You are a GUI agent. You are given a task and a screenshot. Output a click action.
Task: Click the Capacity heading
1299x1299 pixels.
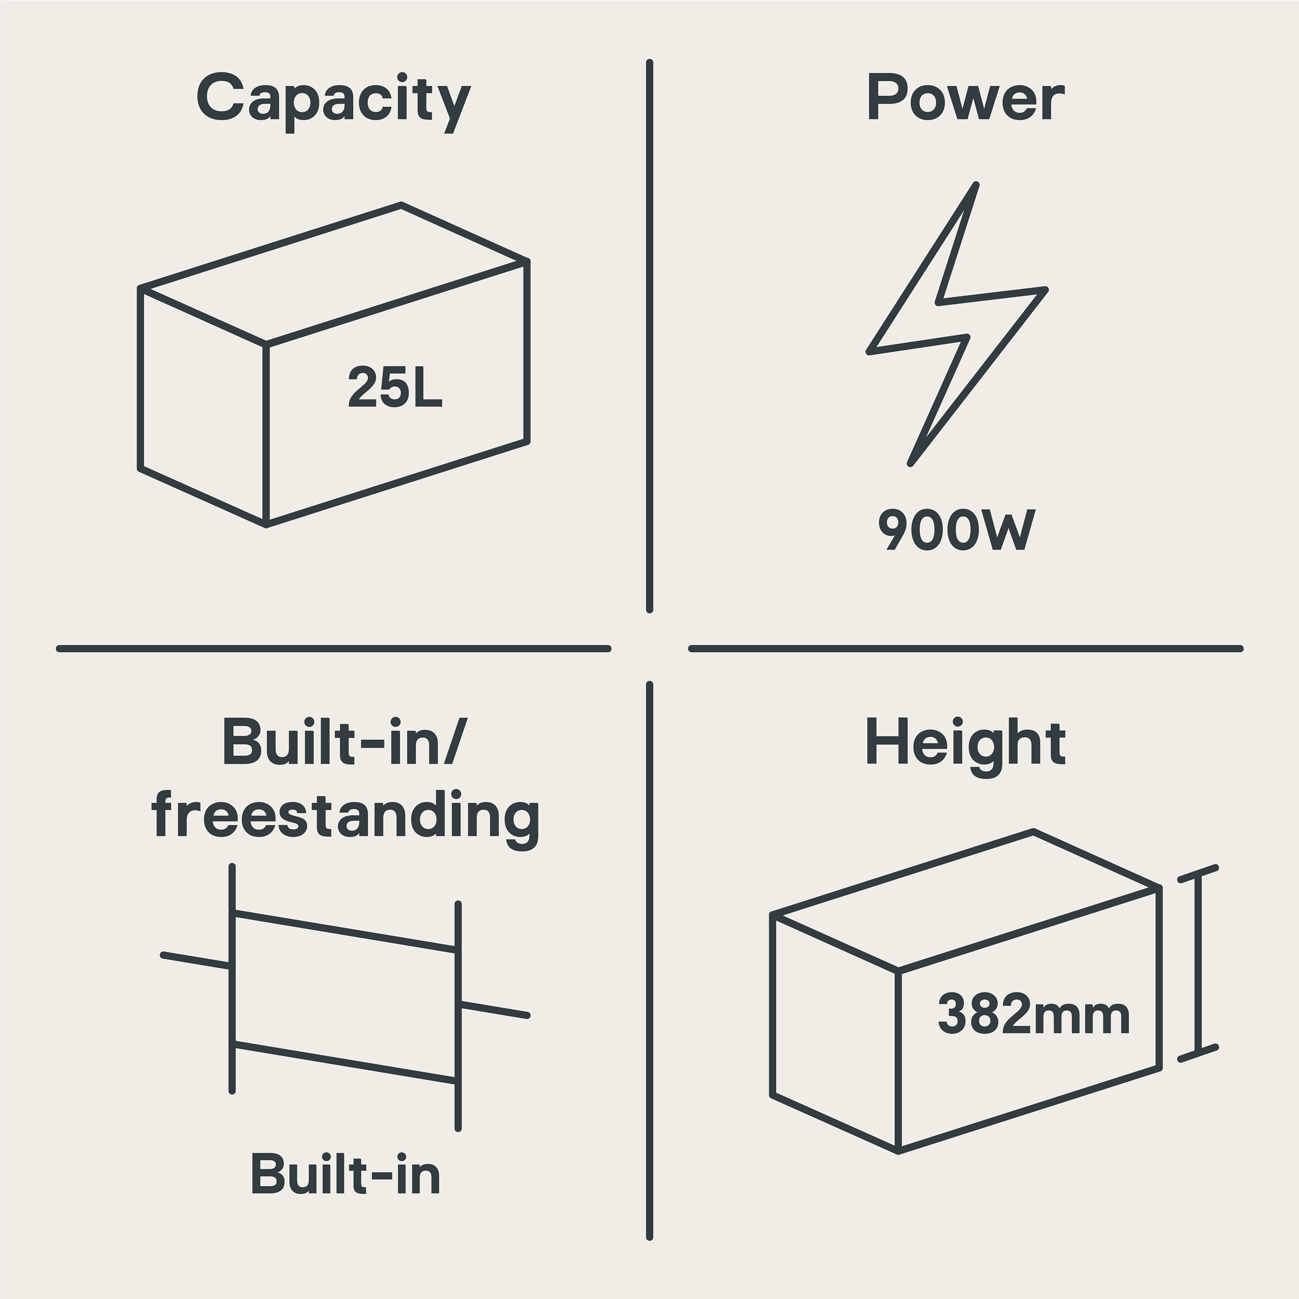(333, 101)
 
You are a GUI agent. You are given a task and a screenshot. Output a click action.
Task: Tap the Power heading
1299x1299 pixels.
(966, 98)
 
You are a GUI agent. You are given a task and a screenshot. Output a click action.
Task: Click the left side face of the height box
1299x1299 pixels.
(834, 1033)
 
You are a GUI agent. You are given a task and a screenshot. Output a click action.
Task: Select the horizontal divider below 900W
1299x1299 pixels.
(966, 649)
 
